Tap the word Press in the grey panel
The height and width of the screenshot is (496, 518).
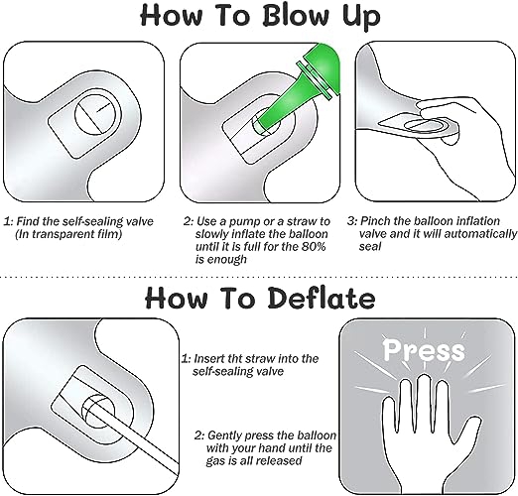(x=424, y=350)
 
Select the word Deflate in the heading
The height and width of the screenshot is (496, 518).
(x=322, y=298)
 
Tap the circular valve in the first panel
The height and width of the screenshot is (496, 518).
(x=98, y=114)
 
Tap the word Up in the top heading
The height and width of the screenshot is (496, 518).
(x=361, y=17)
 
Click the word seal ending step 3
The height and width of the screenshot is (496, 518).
(x=370, y=247)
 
